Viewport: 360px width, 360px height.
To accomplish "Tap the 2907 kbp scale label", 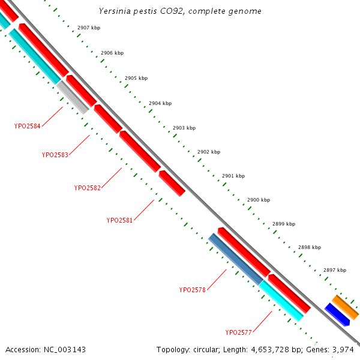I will tap(89, 28).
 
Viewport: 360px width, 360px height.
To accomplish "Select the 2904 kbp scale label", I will tap(160, 103).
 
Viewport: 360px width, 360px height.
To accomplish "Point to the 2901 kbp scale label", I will tap(233, 176).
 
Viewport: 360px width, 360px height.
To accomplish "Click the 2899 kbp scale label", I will tap(284, 224).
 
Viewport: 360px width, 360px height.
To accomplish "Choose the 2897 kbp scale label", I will tap(334, 270).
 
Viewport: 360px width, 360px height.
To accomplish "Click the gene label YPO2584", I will tap(28, 126).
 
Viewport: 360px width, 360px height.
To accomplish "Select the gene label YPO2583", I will tap(55, 154).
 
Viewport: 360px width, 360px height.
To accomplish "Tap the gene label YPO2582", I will tap(88, 188).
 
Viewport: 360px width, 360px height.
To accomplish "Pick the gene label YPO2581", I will tap(120, 220).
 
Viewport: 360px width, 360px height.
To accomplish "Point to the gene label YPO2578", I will tap(193, 290).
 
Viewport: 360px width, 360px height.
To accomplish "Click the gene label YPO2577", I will tap(239, 332).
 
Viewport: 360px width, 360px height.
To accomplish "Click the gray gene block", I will tap(73, 97).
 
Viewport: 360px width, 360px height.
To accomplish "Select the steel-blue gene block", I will tap(235, 259).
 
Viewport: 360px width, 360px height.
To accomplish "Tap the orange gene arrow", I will tap(346, 307).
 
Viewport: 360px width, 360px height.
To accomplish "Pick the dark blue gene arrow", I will tap(337, 314).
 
